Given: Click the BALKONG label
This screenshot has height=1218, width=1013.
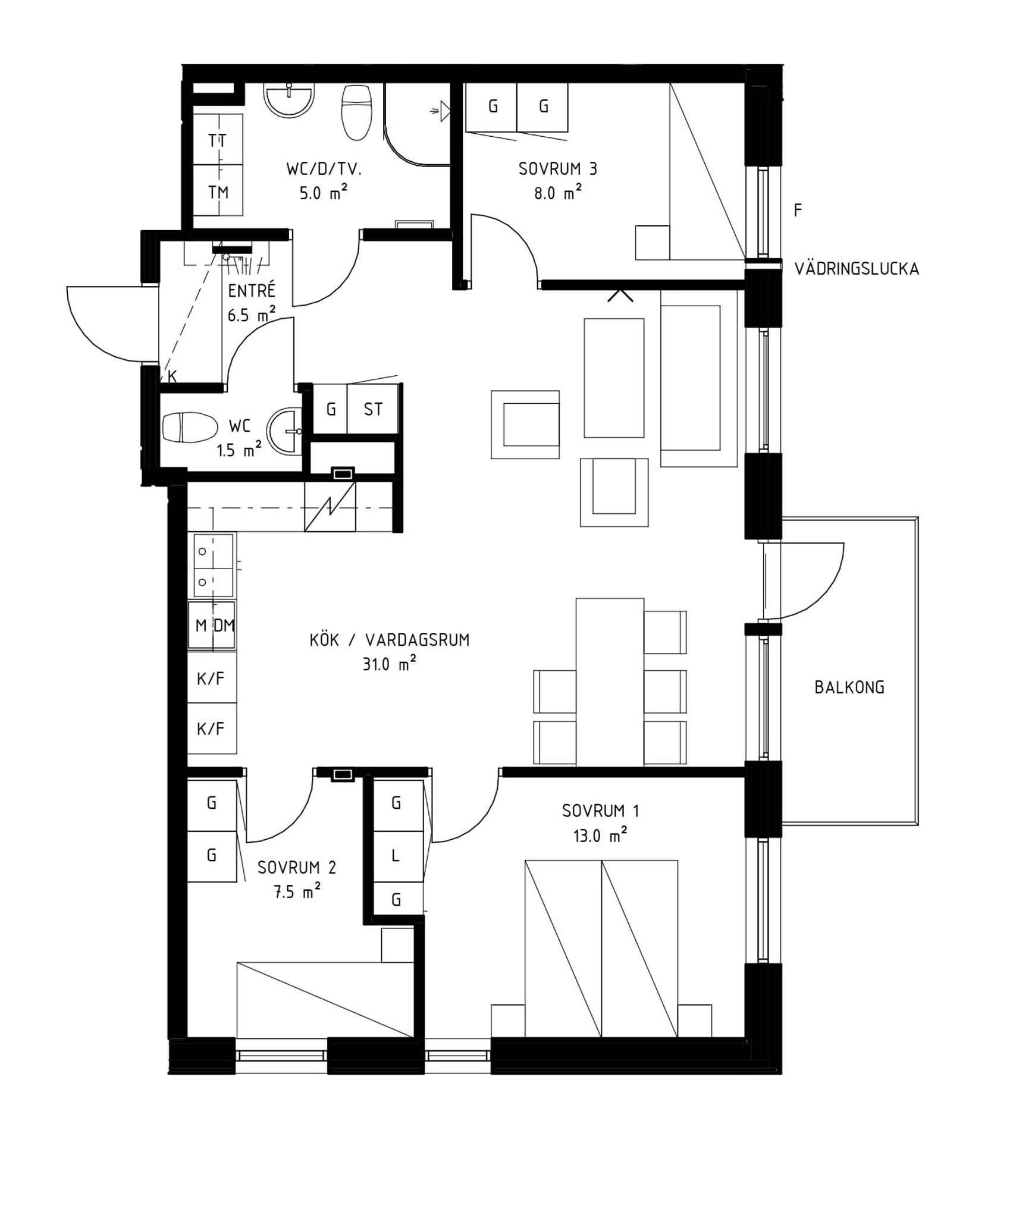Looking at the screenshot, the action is (x=849, y=688).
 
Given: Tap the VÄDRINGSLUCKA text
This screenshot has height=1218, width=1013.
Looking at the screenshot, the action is (x=857, y=269).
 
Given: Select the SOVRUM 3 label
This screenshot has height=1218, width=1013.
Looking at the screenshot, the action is (x=557, y=169).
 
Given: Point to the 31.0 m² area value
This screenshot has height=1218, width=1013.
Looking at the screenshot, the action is (x=389, y=663).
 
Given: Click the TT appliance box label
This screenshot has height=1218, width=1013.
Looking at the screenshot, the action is (x=217, y=141).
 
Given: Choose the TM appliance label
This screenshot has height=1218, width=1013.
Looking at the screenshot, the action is (x=218, y=192).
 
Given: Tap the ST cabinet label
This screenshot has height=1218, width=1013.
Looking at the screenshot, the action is (x=373, y=409).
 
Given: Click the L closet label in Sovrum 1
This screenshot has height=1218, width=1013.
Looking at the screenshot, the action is (x=396, y=856).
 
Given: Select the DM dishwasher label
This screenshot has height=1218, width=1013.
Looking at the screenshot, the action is (x=224, y=625).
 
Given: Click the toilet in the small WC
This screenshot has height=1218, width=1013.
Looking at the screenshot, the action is (x=190, y=427).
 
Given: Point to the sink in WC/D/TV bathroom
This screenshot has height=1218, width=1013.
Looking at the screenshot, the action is (x=289, y=100).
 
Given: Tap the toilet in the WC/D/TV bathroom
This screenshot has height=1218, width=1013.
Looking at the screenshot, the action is (x=356, y=112).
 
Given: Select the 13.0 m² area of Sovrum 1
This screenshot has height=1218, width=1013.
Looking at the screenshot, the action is (x=600, y=836).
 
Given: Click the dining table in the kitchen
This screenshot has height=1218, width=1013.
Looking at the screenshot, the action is (x=610, y=682).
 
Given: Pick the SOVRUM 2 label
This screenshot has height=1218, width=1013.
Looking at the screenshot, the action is (x=297, y=868).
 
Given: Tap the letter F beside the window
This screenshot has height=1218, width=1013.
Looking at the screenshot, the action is (x=798, y=210).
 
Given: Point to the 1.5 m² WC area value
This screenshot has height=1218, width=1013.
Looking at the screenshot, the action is (x=239, y=449).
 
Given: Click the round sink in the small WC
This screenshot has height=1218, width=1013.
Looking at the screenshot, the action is (x=284, y=431).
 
